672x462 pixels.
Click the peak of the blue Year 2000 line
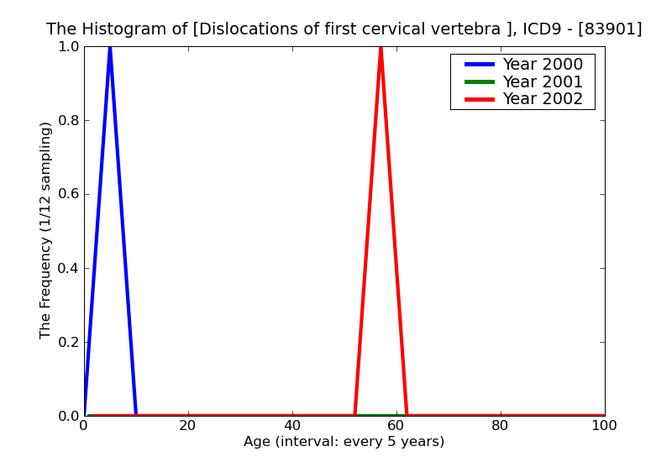(110, 49)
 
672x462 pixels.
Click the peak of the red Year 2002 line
(381, 49)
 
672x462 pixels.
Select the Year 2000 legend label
(542, 65)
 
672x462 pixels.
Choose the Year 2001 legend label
(542, 81)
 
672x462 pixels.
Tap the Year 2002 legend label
(542, 99)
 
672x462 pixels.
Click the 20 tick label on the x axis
(188, 426)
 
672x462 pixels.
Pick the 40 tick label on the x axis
(292, 426)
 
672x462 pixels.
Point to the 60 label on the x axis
(396, 426)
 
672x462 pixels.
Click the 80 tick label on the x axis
(501, 426)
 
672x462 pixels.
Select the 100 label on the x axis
(604, 426)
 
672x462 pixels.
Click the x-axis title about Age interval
(344, 442)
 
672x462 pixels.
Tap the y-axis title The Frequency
(46, 230)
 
